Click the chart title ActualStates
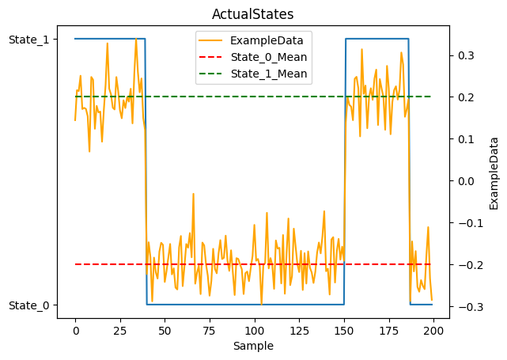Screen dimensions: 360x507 253,14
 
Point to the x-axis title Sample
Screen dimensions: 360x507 253,346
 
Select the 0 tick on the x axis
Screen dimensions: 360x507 75,330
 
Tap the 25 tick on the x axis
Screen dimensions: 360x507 120,330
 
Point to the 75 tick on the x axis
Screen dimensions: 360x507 210,330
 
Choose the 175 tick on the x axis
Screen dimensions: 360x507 388,330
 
